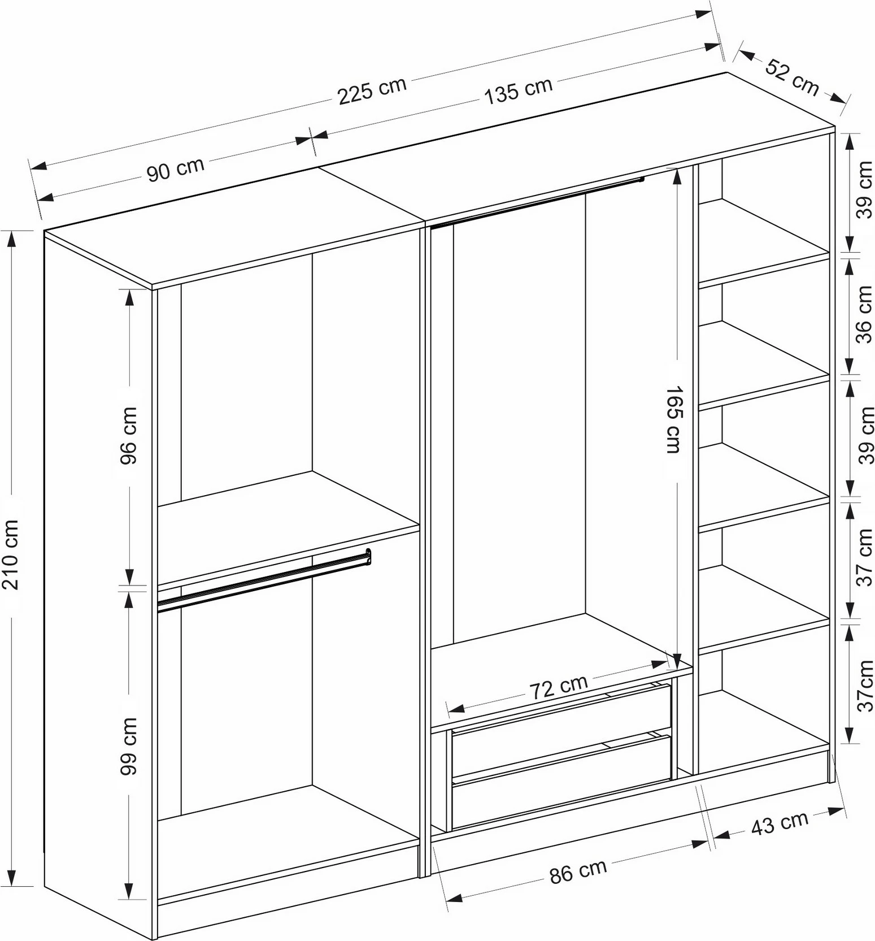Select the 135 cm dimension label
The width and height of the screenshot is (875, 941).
(x=519, y=90)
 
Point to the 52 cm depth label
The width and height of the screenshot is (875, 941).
(x=792, y=76)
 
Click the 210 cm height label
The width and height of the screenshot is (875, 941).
(x=11, y=554)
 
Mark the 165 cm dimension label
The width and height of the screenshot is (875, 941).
(x=672, y=419)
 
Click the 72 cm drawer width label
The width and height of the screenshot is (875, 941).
(x=558, y=687)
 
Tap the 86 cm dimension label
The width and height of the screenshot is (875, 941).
(x=578, y=871)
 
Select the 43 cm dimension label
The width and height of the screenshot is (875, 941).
(x=780, y=822)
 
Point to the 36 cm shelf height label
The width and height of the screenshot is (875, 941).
(x=864, y=314)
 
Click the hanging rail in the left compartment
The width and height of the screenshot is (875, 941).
(x=264, y=580)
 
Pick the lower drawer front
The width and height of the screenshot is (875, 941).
(x=561, y=783)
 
